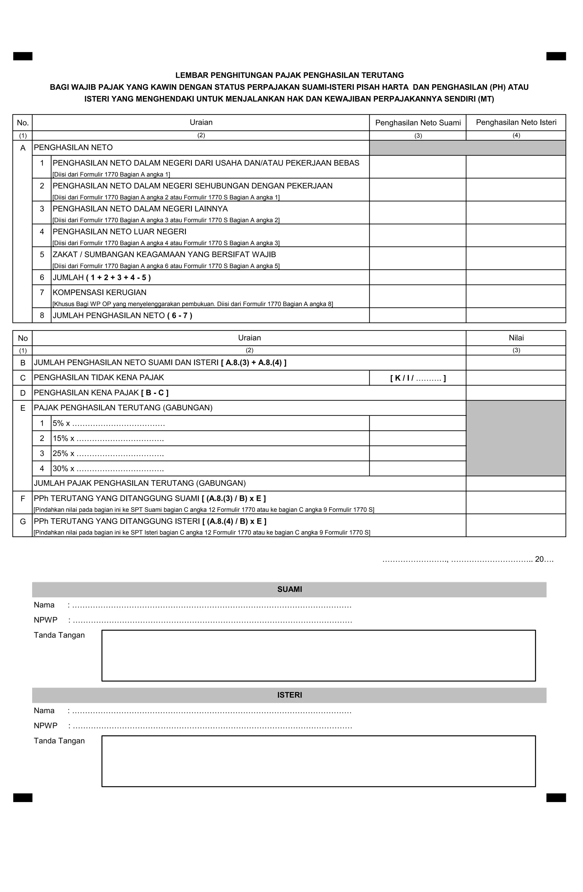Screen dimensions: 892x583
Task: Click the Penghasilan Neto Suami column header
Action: pyautogui.click(x=418, y=122)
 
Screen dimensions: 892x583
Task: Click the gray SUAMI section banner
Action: pyautogui.click(x=289, y=589)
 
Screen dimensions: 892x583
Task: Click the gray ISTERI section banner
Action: pyautogui.click(x=289, y=695)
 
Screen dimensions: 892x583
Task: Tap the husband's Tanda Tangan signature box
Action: pyautogui.click(x=319, y=656)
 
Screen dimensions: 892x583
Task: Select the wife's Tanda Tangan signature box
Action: pyautogui.click(x=319, y=761)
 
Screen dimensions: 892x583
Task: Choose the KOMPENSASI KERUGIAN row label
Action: pyautogui.click(x=99, y=292)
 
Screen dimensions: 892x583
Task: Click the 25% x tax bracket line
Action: pyautogui.click(x=108, y=453)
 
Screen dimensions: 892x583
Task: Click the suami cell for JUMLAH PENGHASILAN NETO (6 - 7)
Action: pyautogui.click(x=418, y=315)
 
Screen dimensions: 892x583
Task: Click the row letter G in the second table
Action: pyautogui.click(x=23, y=522)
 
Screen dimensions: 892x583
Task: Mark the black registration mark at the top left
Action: pyautogui.click(x=23, y=56)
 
